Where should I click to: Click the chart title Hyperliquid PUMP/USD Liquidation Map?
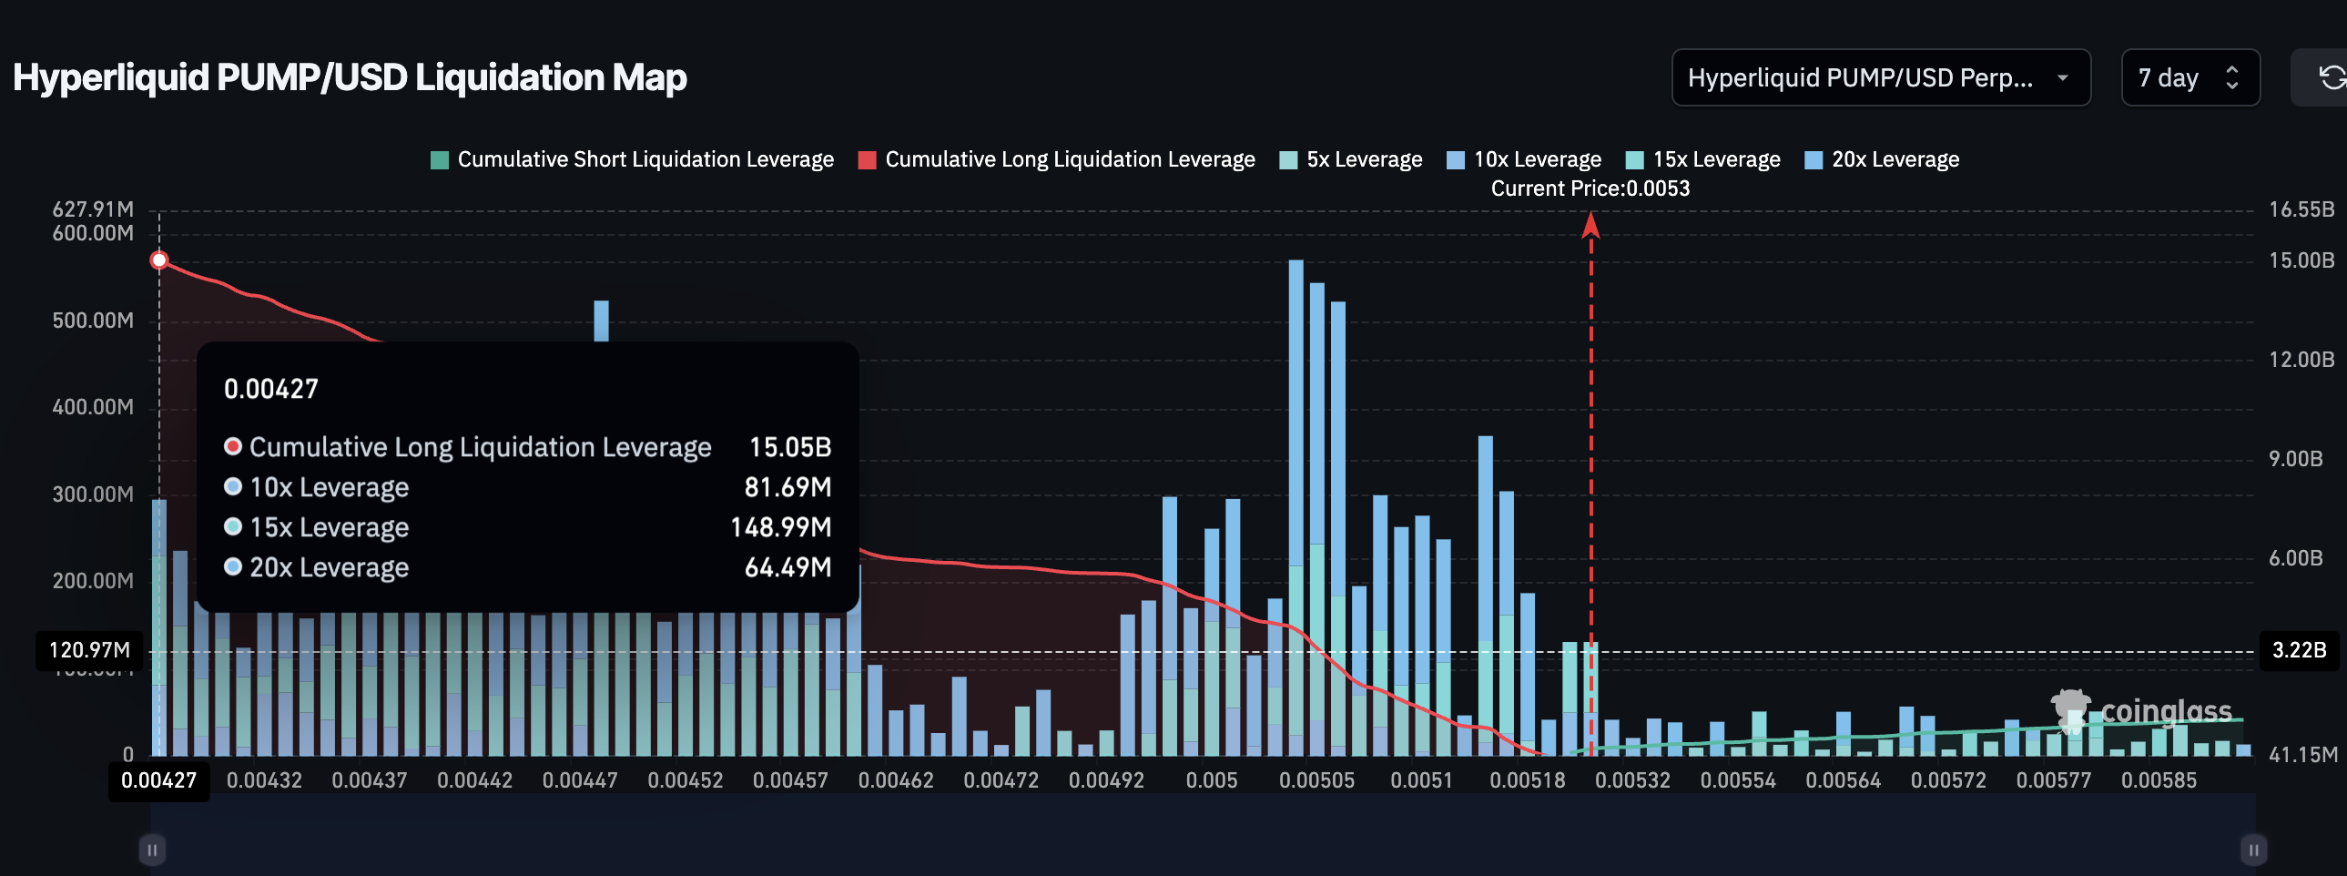pyautogui.click(x=350, y=77)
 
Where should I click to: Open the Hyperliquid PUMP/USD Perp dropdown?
pyautogui.click(x=1880, y=77)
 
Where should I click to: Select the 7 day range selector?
pyautogui.click(x=2189, y=77)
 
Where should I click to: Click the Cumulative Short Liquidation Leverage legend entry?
pyautogui.click(x=632, y=159)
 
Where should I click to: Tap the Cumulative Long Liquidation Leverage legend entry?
pyautogui.click(x=1057, y=159)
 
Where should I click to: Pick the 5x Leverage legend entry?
pyautogui.click(x=1351, y=159)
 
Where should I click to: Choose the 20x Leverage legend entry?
pyautogui.click(x=1883, y=159)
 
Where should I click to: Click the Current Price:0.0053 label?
pyautogui.click(x=1590, y=188)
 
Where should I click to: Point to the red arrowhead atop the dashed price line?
pyautogui.click(x=1590, y=225)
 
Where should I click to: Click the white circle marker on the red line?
pyautogui.click(x=159, y=260)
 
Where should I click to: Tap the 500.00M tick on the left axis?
pyautogui.click(x=93, y=321)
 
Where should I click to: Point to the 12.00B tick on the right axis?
pyautogui.click(x=2301, y=360)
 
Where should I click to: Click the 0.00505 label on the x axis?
pyautogui.click(x=1316, y=781)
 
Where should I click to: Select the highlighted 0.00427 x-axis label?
pyautogui.click(x=159, y=781)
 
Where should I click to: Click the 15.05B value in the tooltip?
pyautogui.click(x=790, y=448)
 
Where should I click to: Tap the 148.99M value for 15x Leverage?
pyautogui.click(x=781, y=528)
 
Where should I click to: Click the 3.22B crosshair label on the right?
pyautogui.click(x=2299, y=651)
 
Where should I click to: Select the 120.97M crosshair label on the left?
pyautogui.click(x=89, y=651)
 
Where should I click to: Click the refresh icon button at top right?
pyautogui.click(x=2331, y=77)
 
